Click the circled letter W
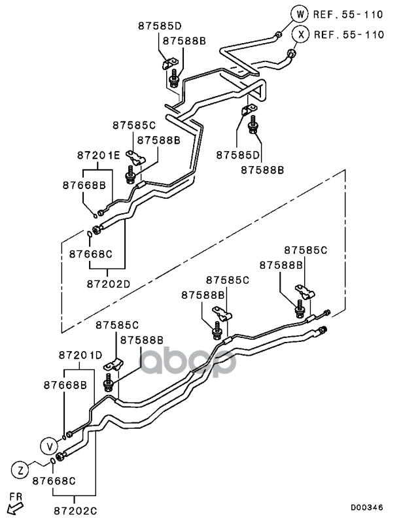(x=300, y=13)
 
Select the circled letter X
(x=300, y=35)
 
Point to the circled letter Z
(x=20, y=469)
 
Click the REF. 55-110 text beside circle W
(x=349, y=14)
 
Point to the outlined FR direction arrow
(x=12, y=509)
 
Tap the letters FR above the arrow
(x=16, y=497)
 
